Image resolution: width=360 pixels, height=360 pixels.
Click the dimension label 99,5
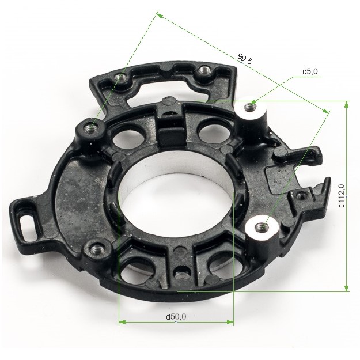click(245, 59)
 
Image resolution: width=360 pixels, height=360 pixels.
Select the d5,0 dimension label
click(310, 71)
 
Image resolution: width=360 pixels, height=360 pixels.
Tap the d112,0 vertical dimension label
click(342, 196)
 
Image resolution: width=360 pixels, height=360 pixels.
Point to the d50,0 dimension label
click(176, 317)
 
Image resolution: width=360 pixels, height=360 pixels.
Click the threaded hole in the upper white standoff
click(250, 107)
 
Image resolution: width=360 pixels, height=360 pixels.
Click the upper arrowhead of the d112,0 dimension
click(347, 104)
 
